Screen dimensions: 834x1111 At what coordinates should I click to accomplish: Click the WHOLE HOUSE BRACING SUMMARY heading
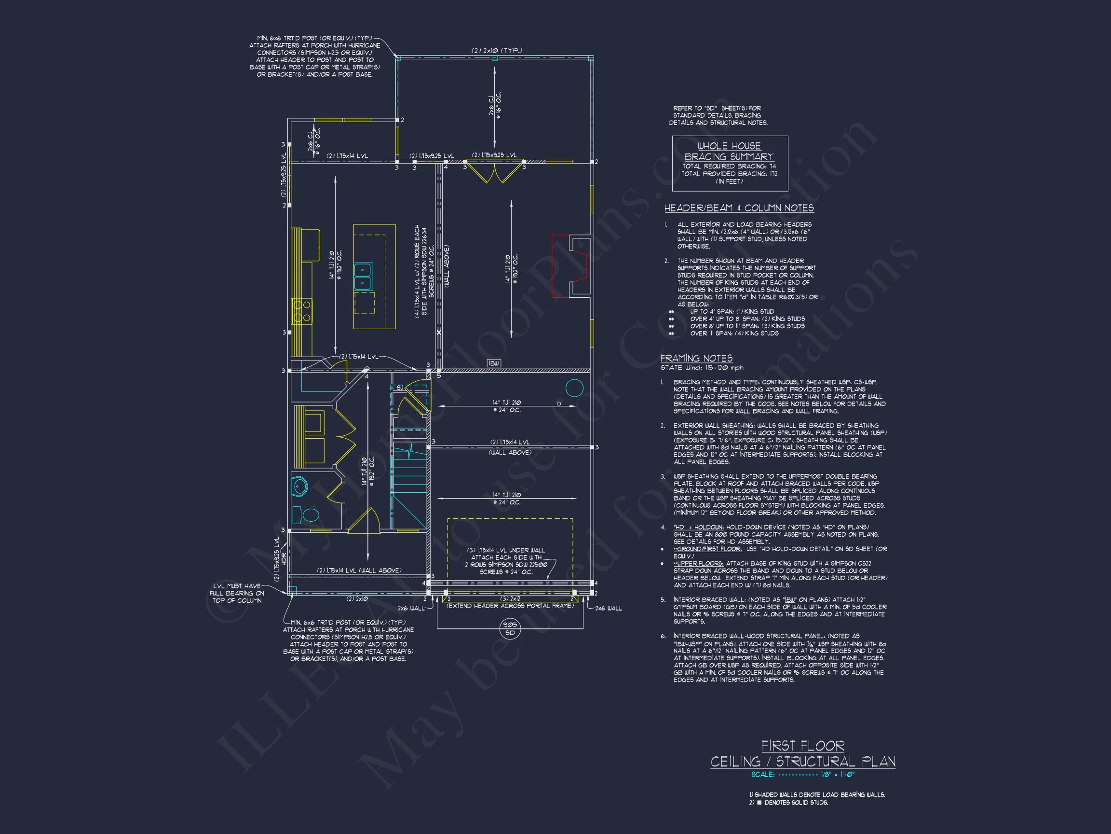click(729, 151)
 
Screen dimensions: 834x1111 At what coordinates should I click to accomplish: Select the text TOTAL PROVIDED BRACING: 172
click(729, 174)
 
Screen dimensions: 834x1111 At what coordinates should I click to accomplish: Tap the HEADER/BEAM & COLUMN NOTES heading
click(739, 208)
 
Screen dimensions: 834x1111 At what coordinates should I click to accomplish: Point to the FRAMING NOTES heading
click(696, 358)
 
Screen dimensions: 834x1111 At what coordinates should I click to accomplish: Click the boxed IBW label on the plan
click(494, 363)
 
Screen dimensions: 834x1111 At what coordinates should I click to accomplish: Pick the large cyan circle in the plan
click(575, 388)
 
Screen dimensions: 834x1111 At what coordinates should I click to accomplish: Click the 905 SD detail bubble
click(510, 629)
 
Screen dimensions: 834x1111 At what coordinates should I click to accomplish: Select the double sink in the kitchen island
click(362, 277)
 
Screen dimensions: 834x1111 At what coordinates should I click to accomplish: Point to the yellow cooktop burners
click(302, 311)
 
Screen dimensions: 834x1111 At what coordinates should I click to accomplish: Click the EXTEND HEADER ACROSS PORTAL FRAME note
click(510, 606)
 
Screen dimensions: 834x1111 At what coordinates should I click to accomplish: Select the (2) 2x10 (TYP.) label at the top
click(497, 50)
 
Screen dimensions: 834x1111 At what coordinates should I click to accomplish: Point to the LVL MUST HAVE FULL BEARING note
click(237, 593)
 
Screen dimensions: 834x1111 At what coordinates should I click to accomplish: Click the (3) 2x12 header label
click(511, 599)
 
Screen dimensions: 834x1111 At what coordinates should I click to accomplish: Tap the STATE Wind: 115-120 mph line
click(702, 367)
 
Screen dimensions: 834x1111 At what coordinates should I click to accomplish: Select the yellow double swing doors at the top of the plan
click(494, 171)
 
